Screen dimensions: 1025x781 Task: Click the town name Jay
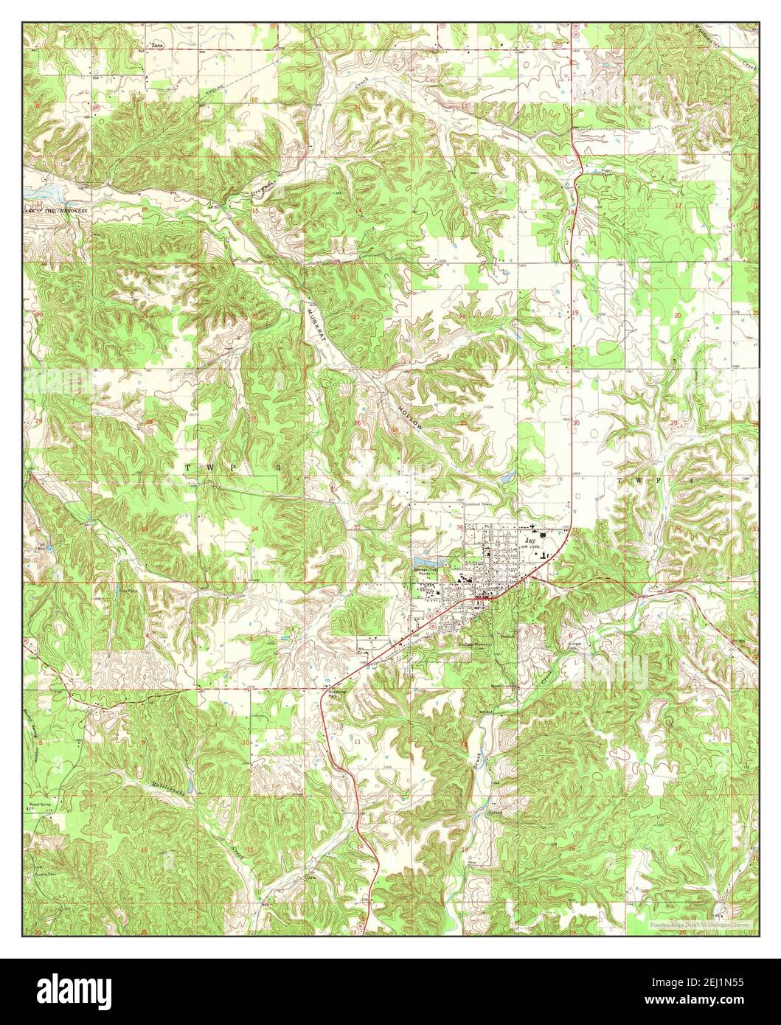[529, 541]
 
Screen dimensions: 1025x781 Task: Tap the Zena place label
[154, 46]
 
